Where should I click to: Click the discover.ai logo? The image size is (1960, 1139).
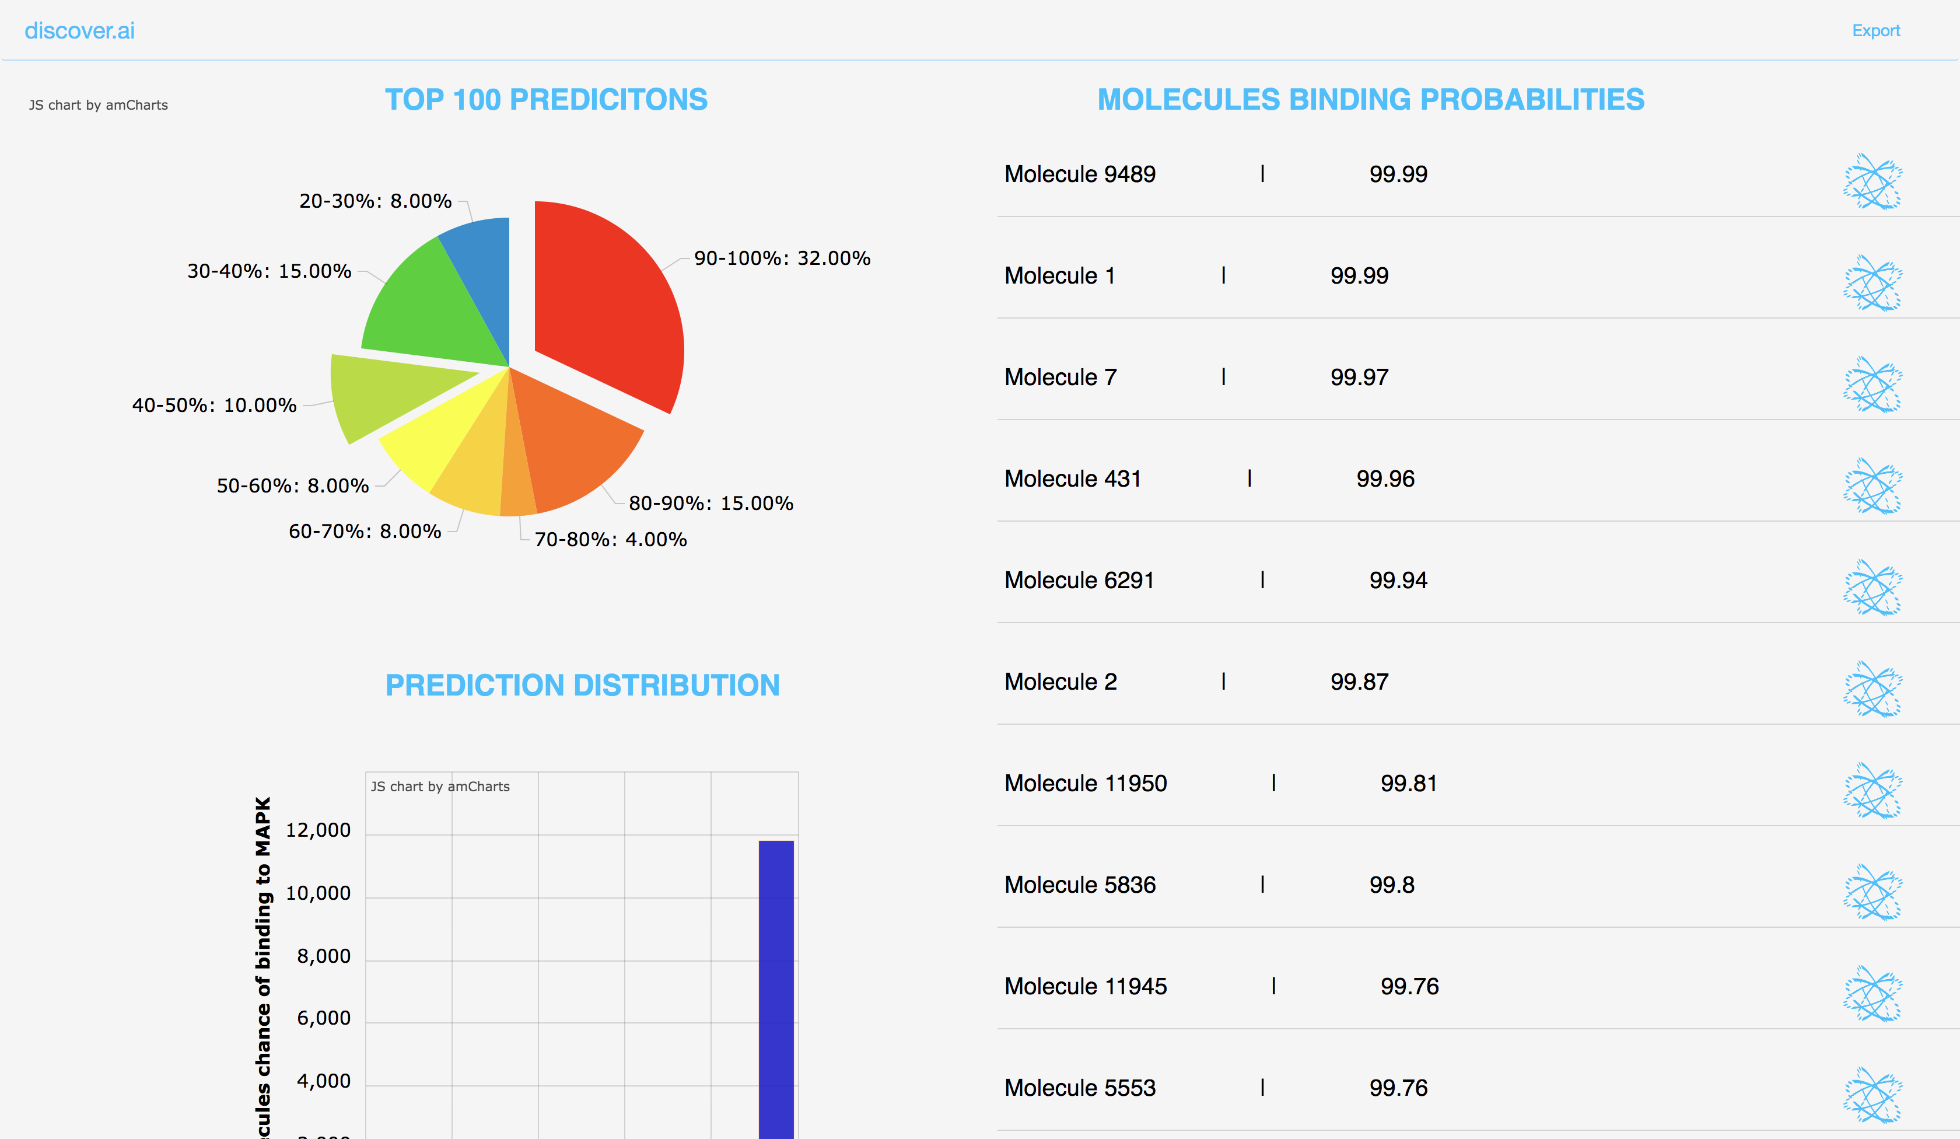click(x=79, y=30)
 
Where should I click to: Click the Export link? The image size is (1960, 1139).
click(x=1875, y=30)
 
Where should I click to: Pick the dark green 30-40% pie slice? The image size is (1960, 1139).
click(x=424, y=311)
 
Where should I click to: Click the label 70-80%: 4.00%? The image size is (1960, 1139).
click(x=611, y=539)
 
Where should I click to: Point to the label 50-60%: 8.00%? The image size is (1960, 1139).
click(x=292, y=485)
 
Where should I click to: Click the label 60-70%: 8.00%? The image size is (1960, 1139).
click(x=365, y=532)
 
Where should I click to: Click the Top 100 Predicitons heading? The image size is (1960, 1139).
click(x=546, y=100)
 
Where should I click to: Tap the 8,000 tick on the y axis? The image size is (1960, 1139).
click(x=324, y=956)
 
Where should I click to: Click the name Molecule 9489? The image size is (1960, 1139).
click(x=1080, y=174)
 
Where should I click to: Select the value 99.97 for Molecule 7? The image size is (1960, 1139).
click(x=1359, y=378)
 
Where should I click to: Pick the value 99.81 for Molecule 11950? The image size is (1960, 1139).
click(x=1409, y=784)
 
